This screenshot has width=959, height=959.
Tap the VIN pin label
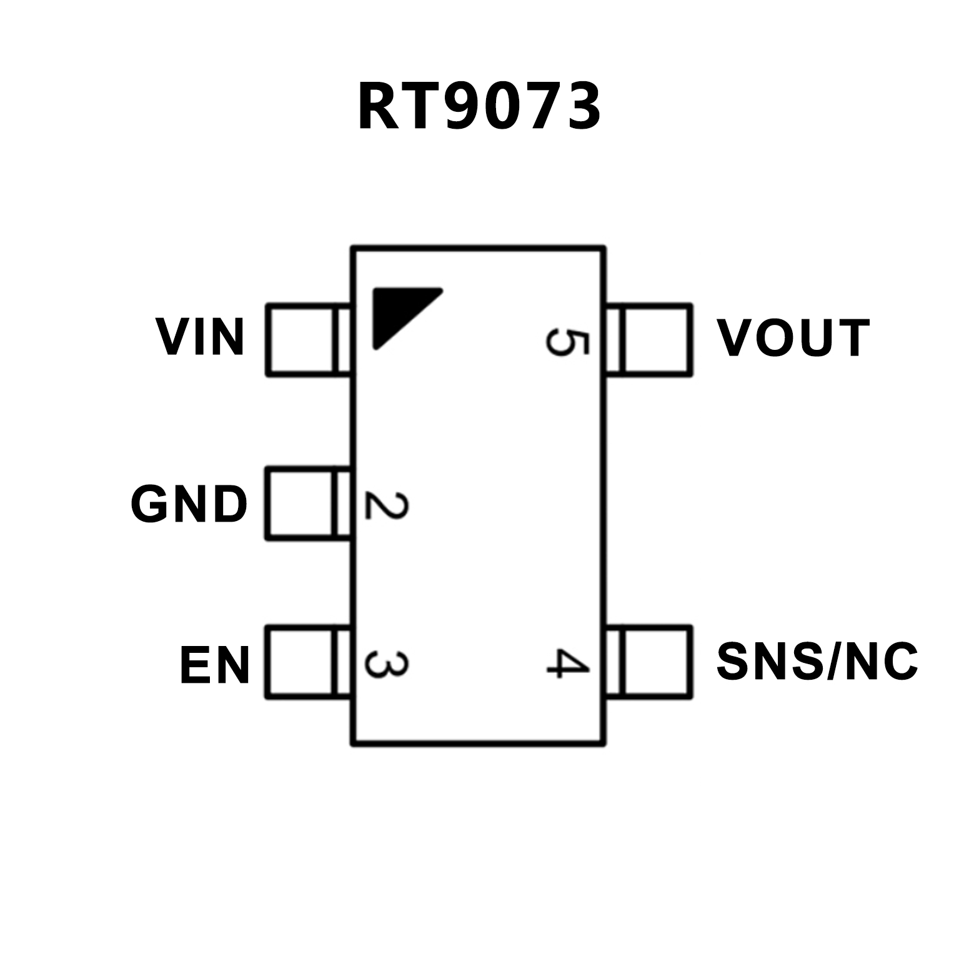201,337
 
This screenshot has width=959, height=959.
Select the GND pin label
189,504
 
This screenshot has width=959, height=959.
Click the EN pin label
215,666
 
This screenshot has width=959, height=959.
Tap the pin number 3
386,665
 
